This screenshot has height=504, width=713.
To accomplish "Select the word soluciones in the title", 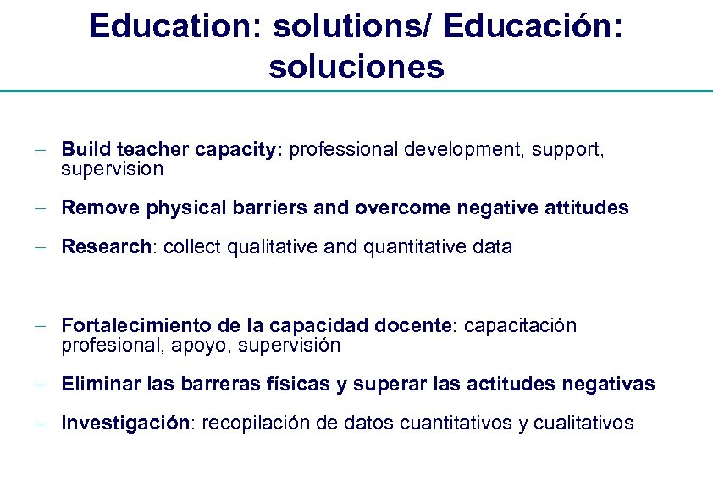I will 356,66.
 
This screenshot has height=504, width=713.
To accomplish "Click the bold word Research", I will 105,247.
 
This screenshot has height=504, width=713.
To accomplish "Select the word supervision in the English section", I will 112,169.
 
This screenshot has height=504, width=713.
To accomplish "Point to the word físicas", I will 300,385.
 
